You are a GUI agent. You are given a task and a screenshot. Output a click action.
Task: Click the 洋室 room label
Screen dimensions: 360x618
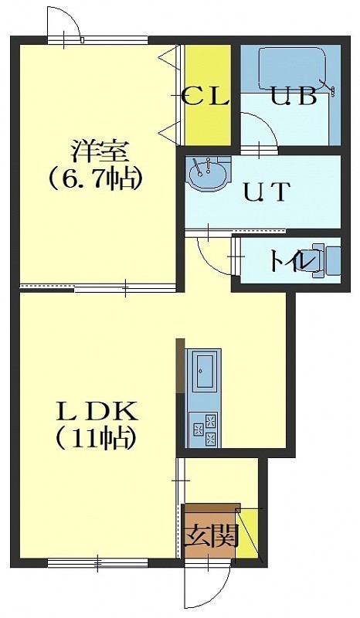tap(100, 151)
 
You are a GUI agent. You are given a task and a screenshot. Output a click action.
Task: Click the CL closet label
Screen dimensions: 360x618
tap(206, 96)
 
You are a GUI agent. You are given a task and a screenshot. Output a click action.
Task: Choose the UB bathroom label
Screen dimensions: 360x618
tap(294, 96)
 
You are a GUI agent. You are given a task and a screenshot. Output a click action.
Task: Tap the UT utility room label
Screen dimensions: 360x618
tap(267, 192)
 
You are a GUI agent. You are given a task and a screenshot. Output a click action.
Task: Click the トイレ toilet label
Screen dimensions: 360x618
tap(292, 260)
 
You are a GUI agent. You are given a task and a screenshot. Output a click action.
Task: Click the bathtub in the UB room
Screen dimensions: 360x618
tap(293, 69)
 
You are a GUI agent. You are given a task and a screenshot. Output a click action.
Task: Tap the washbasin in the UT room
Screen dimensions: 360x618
tap(207, 172)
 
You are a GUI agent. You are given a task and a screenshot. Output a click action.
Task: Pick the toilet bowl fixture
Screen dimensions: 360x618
tap(326, 260)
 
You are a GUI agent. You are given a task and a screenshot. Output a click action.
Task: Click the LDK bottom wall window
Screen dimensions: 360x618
tap(98, 562)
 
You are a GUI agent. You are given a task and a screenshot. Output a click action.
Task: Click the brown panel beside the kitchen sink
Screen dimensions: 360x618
tap(180, 365)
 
